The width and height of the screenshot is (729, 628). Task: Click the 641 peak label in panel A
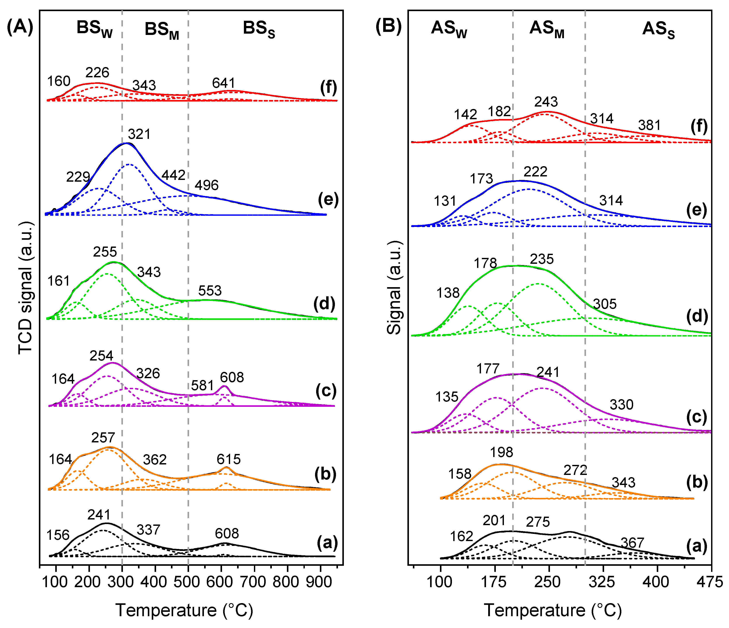(x=223, y=83)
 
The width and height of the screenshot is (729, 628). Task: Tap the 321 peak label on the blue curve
(x=139, y=134)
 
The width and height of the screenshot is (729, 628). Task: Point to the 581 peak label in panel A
(x=203, y=386)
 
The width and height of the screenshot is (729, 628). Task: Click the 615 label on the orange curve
(x=229, y=459)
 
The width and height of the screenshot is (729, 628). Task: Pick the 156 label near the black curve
(x=58, y=535)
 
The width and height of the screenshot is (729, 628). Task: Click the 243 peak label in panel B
(x=546, y=102)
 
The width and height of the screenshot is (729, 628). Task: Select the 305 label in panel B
(x=605, y=304)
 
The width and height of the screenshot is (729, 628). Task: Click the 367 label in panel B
(x=632, y=543)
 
